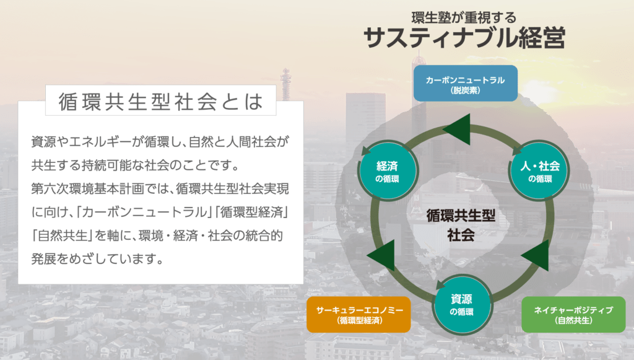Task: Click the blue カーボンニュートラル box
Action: (466, 84)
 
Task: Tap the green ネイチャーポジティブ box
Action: (574, 314)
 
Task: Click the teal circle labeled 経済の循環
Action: (387, 171)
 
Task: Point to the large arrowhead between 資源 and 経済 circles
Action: (381, 253)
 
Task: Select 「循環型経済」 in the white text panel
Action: (258, 212)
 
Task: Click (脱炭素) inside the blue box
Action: (466, 90)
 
